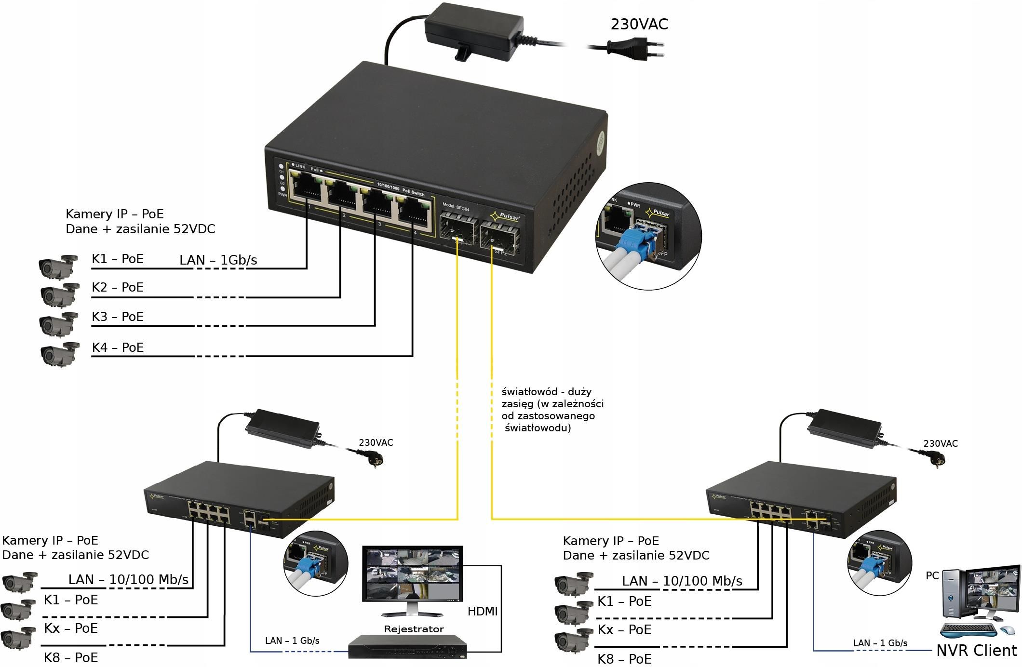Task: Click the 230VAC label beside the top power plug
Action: point(639,24)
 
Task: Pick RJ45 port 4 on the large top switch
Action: point(413,213)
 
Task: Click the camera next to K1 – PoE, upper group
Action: point(58,267)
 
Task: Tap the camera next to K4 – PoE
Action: point(60,354)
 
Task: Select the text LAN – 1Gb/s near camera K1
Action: point(218,260)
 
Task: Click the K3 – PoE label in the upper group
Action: point(118,317)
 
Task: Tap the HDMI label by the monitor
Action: point(482,611)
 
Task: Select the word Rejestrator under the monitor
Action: point(414,629)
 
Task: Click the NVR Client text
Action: point(976,651)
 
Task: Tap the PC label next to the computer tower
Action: point(932,575)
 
